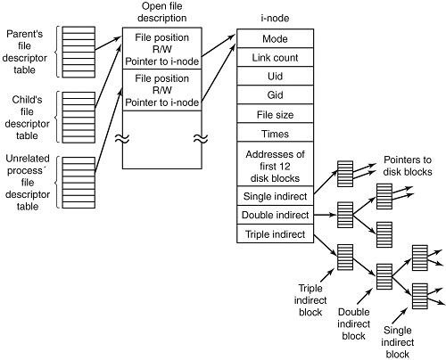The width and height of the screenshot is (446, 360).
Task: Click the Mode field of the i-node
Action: [275, 38]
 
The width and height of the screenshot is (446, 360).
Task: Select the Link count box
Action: [275, 57]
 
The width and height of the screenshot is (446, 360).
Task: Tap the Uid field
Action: [275, 76]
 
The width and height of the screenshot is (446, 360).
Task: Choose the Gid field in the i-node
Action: [275, 94]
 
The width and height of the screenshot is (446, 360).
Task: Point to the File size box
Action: [275, 114]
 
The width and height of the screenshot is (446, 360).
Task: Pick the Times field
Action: [275, 133]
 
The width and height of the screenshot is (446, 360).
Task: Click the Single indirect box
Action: [275, 196]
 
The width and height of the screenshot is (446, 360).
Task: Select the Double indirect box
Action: [275, 215]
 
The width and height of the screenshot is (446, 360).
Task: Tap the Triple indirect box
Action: [275, 233]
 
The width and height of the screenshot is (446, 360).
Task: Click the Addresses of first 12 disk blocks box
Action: [275, 164]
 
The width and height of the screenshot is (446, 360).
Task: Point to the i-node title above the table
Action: [275, 18]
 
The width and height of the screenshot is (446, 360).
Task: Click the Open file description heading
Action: [162, 12]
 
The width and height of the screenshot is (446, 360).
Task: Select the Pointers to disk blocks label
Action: [408, 166]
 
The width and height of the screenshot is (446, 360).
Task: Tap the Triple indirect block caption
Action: [310, 300]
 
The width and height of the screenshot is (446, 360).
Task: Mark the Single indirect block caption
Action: [398, 342]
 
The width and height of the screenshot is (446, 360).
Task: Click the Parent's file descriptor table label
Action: [25, 52]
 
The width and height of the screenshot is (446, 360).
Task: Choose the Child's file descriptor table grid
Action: [78, 118]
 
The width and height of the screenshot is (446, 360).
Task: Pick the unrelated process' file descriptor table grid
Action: [78, 183]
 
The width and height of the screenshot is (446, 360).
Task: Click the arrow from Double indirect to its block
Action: [326, 215]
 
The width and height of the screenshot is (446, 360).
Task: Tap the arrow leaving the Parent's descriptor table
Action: [108, 43]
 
